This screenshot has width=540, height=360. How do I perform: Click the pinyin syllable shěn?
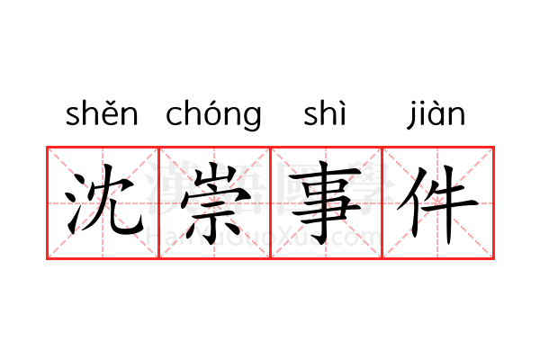click(102, 115)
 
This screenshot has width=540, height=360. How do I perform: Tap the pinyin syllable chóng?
click(213, 115)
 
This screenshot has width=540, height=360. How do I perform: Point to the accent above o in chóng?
click(212, 101)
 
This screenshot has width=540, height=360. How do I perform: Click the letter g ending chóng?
click(251, 118)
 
